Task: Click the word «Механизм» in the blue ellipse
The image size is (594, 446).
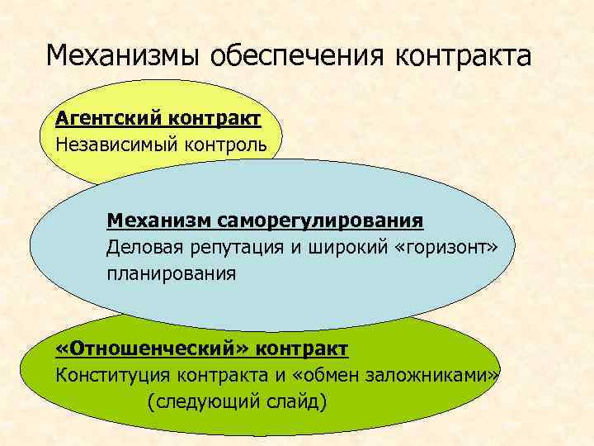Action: (159, 221)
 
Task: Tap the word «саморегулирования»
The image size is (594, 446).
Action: (321, 221)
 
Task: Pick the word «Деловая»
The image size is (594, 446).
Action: (145, 247)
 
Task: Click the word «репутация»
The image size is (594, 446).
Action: (239, 247)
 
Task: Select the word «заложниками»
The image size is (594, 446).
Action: (433, 375)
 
